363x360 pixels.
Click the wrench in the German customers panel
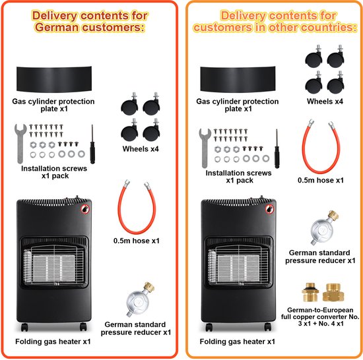click(20, 143)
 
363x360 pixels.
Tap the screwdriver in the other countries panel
click(277, 148)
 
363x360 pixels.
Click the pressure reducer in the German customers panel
click(139, 300)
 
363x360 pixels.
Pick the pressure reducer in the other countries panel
click(323, 227)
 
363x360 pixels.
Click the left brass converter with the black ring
click(310, 292)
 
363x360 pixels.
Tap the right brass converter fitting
click(333, 292)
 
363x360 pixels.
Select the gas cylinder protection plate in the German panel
click(54, 79)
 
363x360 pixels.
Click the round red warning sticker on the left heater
click(85, 209)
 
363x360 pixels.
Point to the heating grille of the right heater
click(238, 264)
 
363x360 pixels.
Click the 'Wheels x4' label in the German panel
click(141, 149)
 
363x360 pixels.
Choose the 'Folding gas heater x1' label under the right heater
click(238, 342)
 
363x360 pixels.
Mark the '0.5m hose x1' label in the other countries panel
click(321, 180)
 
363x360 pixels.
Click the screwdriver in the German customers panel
click(92, 144)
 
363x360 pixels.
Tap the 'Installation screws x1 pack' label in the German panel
click(54, 172)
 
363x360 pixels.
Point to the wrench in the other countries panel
click(205, 148)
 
